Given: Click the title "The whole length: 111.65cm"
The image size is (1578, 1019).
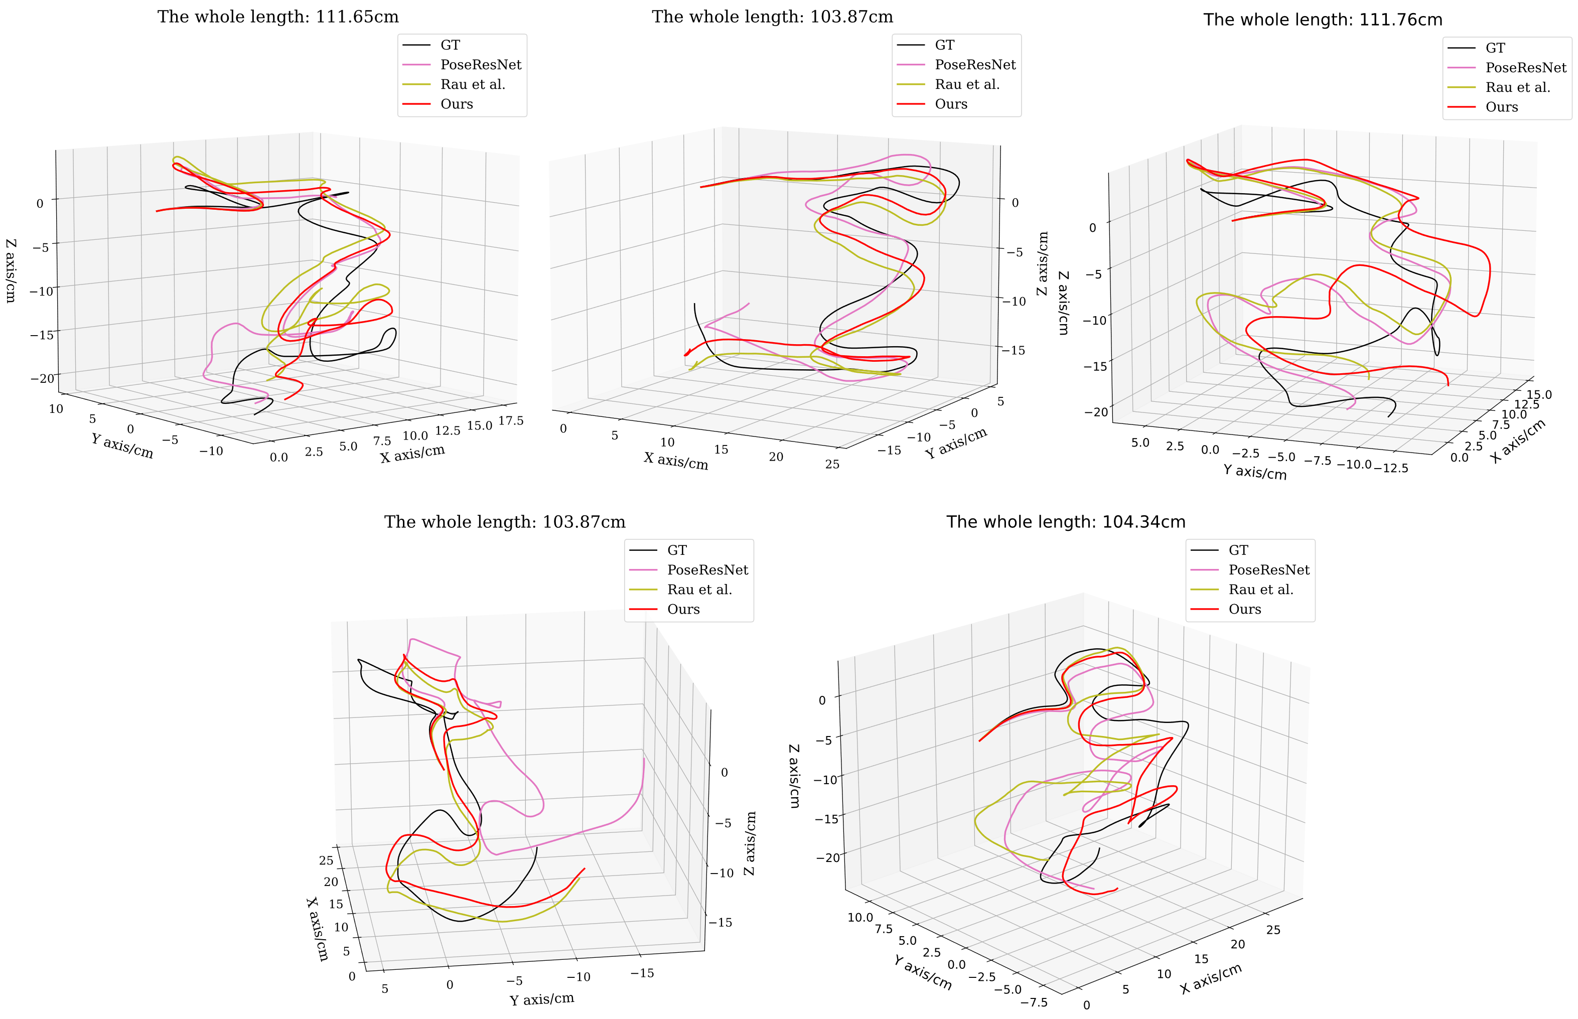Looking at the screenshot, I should [278, 17].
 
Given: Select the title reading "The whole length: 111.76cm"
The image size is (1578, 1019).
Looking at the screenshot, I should [1323, 20].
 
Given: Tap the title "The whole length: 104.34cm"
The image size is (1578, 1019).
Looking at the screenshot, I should [1065, 522].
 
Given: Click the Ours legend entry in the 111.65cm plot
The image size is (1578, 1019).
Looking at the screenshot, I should [457, 104].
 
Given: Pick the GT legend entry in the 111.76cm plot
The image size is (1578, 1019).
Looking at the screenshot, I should [1495, 48].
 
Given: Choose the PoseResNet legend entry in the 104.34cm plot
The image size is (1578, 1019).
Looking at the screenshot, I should [1268, 570].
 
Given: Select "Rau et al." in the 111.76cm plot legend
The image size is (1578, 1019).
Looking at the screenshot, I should [1517, 87].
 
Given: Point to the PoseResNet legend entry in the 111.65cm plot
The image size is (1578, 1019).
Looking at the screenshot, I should [480, 65].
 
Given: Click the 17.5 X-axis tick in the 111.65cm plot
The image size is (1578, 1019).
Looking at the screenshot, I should [511, 421].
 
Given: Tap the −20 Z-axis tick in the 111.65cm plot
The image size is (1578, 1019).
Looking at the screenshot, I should [42, 378].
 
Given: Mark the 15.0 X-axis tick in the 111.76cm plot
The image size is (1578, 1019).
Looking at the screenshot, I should [1538, 395].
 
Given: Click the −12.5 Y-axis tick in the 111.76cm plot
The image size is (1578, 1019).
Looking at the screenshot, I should [1391, 468].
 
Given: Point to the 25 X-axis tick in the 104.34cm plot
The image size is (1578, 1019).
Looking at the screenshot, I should [1273, 930].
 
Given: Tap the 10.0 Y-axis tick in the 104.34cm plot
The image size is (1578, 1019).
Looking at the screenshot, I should [860, 917].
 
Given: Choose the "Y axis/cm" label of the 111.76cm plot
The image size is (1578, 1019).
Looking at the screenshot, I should [1254, 472].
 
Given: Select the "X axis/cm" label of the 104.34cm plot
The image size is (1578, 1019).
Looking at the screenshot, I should [1210, 979].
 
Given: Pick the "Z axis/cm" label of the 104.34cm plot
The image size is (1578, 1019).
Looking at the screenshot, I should [794, 776].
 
